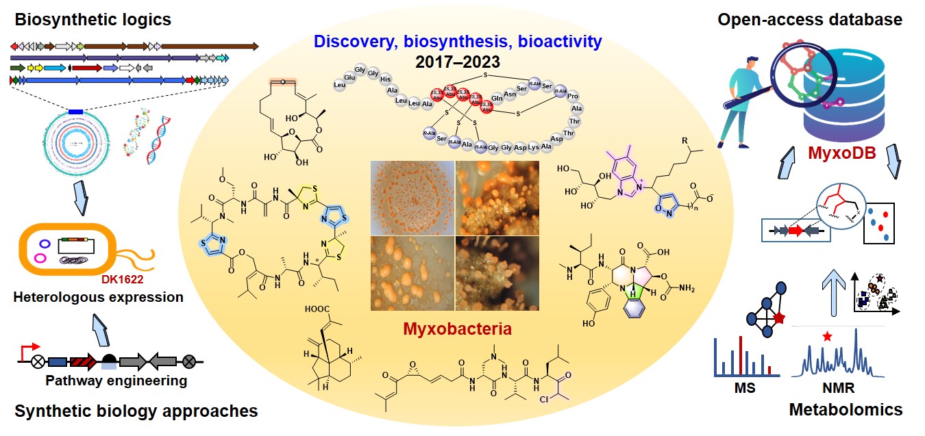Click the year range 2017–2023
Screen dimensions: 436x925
(x=457, y=62)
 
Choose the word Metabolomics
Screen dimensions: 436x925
(x=846, y=410)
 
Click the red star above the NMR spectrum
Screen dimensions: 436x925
(x=828, y=336)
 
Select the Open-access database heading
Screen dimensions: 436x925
(x=810, y=19)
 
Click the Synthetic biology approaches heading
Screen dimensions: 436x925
(x=136, y=411)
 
